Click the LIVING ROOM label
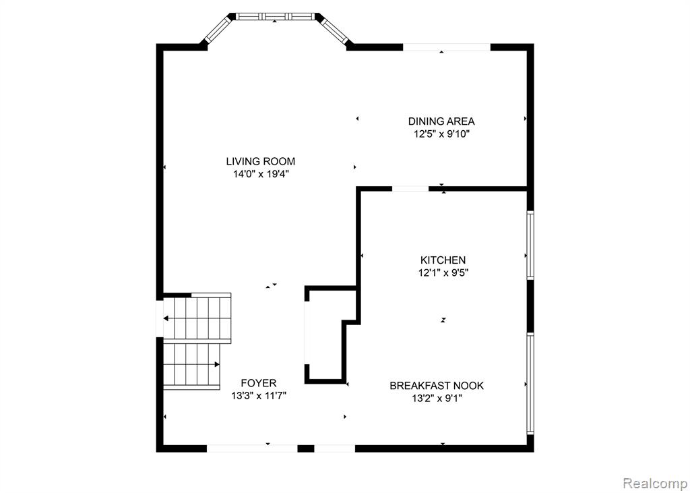[260, 161]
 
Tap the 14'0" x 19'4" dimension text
[260, 174]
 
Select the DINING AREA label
[441, 121]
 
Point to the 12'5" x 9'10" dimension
[441, 134]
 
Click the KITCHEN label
[443, 260]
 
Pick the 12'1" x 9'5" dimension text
[443, 273]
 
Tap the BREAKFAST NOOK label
[437, 386]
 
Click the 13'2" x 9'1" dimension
[437, 399]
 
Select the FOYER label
[259, 383]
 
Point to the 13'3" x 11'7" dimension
[259, 396]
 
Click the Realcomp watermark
[654, 484]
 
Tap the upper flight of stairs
[198, 317]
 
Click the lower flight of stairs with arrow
[192, 365]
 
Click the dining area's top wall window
[446, 47]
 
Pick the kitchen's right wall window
[530, 245]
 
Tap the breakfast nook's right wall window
[530, 383]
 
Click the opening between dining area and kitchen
[410, 189]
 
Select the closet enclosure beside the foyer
[325, 336]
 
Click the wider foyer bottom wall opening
[251, 447]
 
